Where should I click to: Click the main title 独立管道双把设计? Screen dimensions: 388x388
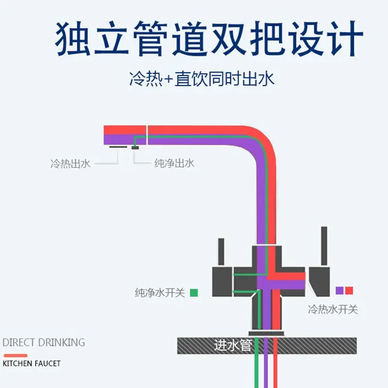click(209, 39)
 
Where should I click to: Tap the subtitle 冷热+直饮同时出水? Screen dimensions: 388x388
click(202, 79)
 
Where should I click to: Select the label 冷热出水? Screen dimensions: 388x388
click(70, 164)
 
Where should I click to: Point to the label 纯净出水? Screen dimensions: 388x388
click(175, 163)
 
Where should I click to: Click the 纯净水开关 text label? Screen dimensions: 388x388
click(160, 293)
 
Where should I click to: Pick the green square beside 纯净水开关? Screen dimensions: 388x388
click(194, 293)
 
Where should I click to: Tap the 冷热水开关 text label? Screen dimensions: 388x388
click(333, 309)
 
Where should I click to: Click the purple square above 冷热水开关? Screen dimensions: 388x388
click(339, 291)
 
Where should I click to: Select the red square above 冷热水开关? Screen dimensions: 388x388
click(349, 291)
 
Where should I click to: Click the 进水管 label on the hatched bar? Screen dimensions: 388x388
click(233, 345)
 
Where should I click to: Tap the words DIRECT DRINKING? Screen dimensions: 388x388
click(44, 342)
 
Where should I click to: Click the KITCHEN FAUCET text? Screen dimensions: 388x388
click(32, 363)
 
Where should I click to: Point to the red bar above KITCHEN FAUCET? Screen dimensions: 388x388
click(16, 356)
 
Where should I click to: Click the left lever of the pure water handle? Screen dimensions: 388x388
click(221, 252)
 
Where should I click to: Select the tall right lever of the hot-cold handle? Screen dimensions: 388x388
click(324, 246)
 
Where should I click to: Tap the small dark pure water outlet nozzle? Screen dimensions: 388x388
click(135, 148)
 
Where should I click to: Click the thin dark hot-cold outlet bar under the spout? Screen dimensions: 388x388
click(118, 147)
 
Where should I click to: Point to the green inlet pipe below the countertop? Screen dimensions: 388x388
click(257, 362)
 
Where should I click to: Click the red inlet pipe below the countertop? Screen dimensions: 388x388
click(275, 362)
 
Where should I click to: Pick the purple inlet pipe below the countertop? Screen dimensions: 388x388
click(266, 362)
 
